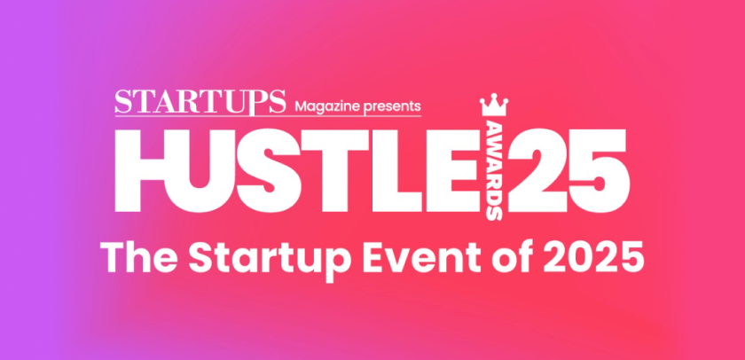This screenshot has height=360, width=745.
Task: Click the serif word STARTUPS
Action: click(x=200, y=101)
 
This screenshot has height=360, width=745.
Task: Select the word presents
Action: click(x=391, y=106)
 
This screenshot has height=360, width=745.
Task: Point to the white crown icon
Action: click(x=494, y=105)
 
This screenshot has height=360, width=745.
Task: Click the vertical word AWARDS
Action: click(x=495, y=171)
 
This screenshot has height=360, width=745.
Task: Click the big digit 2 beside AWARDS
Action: click(x=537, y=170)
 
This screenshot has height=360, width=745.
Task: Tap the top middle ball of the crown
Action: click(x=494, y=96)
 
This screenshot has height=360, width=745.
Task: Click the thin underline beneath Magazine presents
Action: click(x=268, y=115)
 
